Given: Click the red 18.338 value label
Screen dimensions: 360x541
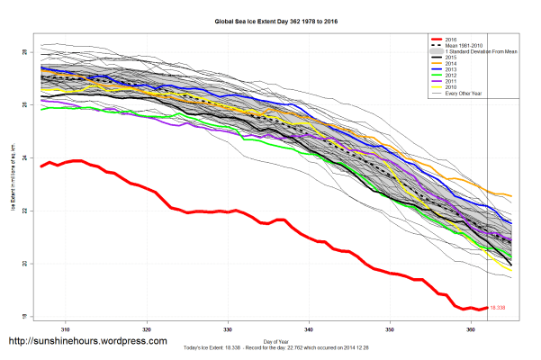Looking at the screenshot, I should coord(500,308).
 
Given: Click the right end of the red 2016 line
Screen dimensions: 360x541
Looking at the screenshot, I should coord(487,307).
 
